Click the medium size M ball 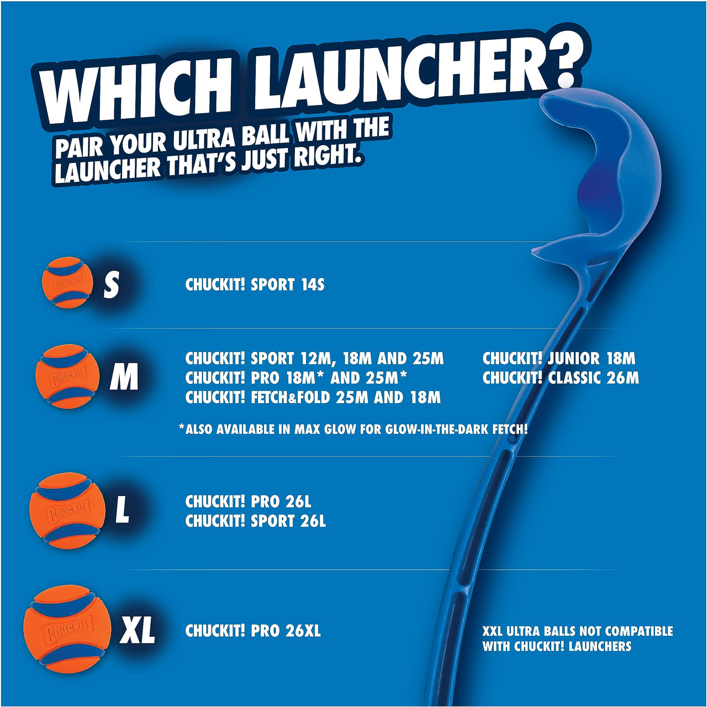click(67, 376)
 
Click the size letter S click(112, 285)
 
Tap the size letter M click(124, 378)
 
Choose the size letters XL click(137, 630)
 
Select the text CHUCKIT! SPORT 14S click(255, 285)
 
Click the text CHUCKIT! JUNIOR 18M click(558, 358)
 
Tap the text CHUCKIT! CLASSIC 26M click(560, 378)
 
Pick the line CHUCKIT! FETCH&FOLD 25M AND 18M click(313, 397)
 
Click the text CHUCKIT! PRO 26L click(248, 502)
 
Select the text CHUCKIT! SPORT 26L click(255, 521)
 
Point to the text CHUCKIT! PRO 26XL click(252, 631)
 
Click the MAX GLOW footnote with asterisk click(353, 429)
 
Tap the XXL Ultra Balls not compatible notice click(577, 639)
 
